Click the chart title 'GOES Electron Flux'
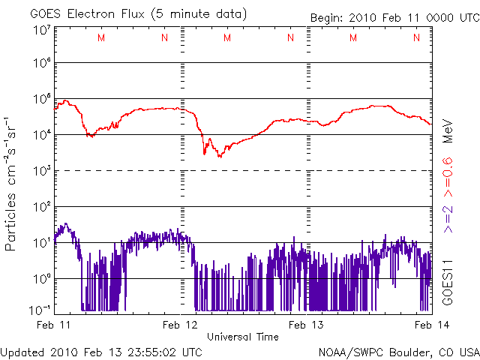tap(90, 13)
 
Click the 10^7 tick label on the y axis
tap(40, 31)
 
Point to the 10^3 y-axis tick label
tap(40, 171)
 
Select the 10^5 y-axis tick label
tap(40, 100)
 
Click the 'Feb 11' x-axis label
tap(55, 325)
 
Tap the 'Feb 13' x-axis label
tap(306, 325)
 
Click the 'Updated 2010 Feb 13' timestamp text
tap(101, 350)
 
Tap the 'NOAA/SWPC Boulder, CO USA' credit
tap(397, 350)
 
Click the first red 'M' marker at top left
tap(101, 37)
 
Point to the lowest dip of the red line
tap(220, 156)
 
